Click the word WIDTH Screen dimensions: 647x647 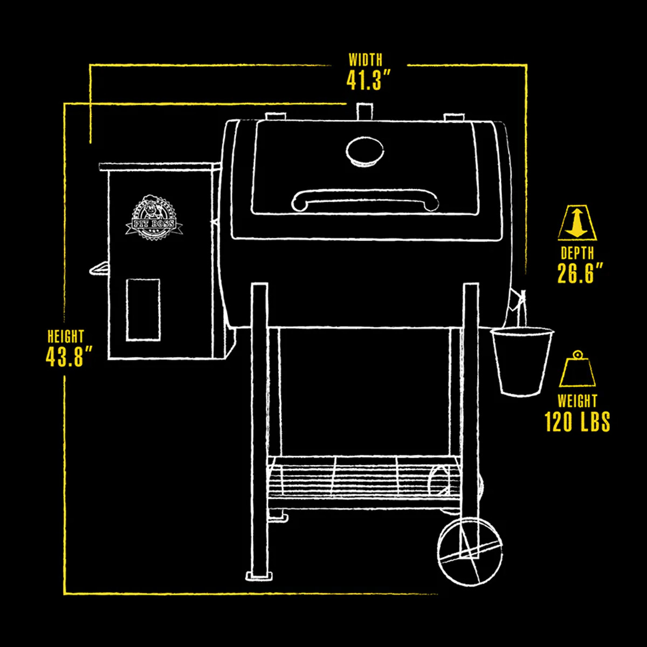click(366, 60)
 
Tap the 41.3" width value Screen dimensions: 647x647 click(368, 80)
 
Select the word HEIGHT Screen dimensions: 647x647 click(65, 336)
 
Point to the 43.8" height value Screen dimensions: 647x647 click(68, 356)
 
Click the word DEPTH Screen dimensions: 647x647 click(577, 253)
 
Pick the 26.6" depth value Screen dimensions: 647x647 click(580, 273)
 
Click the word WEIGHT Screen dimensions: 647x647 click(577, 401)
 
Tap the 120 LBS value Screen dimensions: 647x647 click(577, 422)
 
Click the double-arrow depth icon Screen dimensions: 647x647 click(577, 223)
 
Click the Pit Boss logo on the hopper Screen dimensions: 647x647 click(154, 218)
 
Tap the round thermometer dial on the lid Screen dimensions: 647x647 click(364, 152)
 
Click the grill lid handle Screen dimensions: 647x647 click(365, 201)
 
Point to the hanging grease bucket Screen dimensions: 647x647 click(521, 361)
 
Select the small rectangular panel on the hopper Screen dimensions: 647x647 click(143, 309)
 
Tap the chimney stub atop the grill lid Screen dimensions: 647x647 click(364, 111)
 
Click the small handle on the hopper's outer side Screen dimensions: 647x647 click(99, 269)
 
